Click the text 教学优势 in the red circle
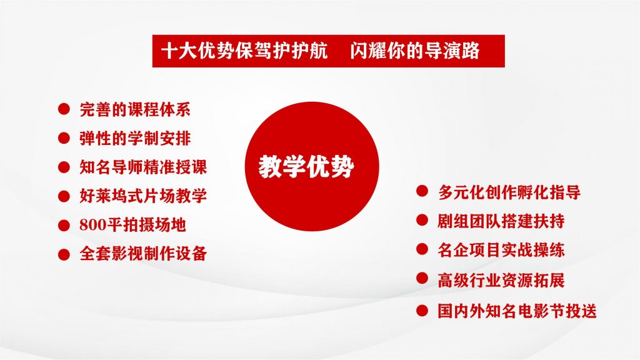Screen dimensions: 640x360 click(306, 166)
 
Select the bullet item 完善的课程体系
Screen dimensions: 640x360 click(135, 109)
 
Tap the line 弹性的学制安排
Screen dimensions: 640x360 click(135, 138)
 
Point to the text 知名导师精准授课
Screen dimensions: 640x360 click(143, 167)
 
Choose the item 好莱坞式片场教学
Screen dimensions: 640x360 click(143, 196)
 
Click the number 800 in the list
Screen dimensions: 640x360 click(92, 225)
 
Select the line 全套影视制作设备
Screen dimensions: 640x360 click(143, 254)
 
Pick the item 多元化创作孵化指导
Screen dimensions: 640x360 click(509, 192)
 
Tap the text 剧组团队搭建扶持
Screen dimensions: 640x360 click(501, 221)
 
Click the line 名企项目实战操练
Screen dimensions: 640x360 click(501, 250)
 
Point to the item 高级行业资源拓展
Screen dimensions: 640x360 click(501, 281)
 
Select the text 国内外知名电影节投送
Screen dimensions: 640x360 click(517, 311)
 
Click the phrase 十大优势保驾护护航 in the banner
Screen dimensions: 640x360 click(244, 51)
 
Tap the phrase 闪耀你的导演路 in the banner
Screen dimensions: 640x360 click(415, 51)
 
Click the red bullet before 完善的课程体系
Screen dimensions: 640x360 click(64, 109)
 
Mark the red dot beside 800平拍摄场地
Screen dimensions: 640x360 click(64, 225)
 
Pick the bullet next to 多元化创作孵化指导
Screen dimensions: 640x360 click(422, 191)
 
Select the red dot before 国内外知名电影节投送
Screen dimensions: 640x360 click(422, 311)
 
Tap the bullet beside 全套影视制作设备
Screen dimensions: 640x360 click(64, 254)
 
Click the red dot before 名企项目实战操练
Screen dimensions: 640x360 click(422, 249)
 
